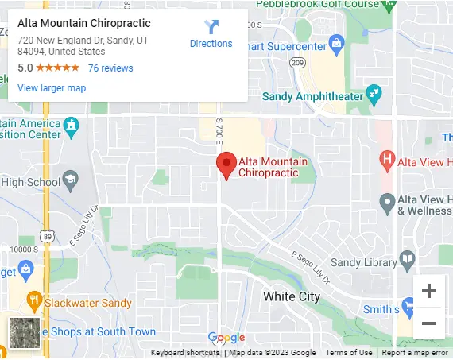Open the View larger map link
coord(52,88)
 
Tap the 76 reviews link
coord(110,68)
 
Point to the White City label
coord(291,296)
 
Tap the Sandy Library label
coord(363,263)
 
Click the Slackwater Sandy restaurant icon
coord(33,301)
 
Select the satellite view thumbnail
coord(23,332)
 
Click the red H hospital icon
coord(387,159)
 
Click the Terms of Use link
coord(348,353)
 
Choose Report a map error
coord(414,353)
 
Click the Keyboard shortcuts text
coord(185,353)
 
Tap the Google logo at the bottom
coord(226,338)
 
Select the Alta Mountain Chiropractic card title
coord(83,23)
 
